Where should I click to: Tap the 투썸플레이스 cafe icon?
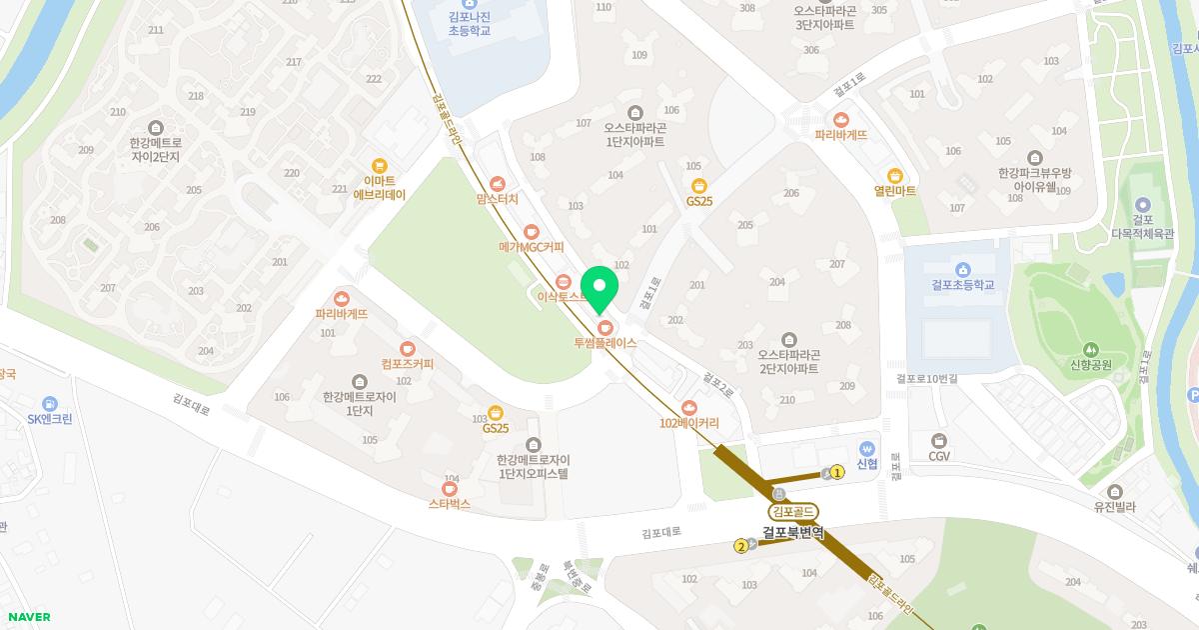click(x=604, y=327)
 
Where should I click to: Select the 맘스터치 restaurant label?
click(x=498, y=199)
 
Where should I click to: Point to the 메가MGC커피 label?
click(x=532, y=247)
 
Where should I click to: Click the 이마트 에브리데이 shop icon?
click(x=379, y=166)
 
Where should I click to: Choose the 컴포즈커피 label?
click(x=408, y=364)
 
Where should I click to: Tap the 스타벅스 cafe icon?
click(x=450, y=489)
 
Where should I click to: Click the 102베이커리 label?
click(x=688, y=423)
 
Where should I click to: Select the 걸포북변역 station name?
click(x=793, y=532)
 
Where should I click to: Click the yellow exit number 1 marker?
click(x=837, y=472)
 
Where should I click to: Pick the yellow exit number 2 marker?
click(x=740, y=546)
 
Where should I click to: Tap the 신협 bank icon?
click(x=867, y=449)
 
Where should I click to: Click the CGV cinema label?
click(x=939, y=456)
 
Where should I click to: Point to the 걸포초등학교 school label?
click(x=962, y=285)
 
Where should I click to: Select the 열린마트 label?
click(x=894, y=191)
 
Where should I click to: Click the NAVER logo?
click(x=28, y=617)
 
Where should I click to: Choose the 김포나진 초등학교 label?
click(x=470, y=24)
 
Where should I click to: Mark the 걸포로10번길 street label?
click(x=926, y=379)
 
